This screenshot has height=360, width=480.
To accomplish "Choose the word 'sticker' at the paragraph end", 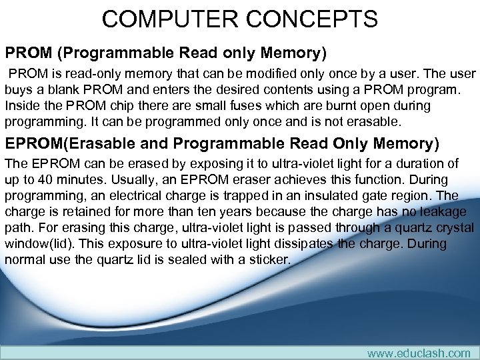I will coord(268,259).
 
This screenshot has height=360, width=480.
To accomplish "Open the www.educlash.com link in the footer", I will coord(418,353).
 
